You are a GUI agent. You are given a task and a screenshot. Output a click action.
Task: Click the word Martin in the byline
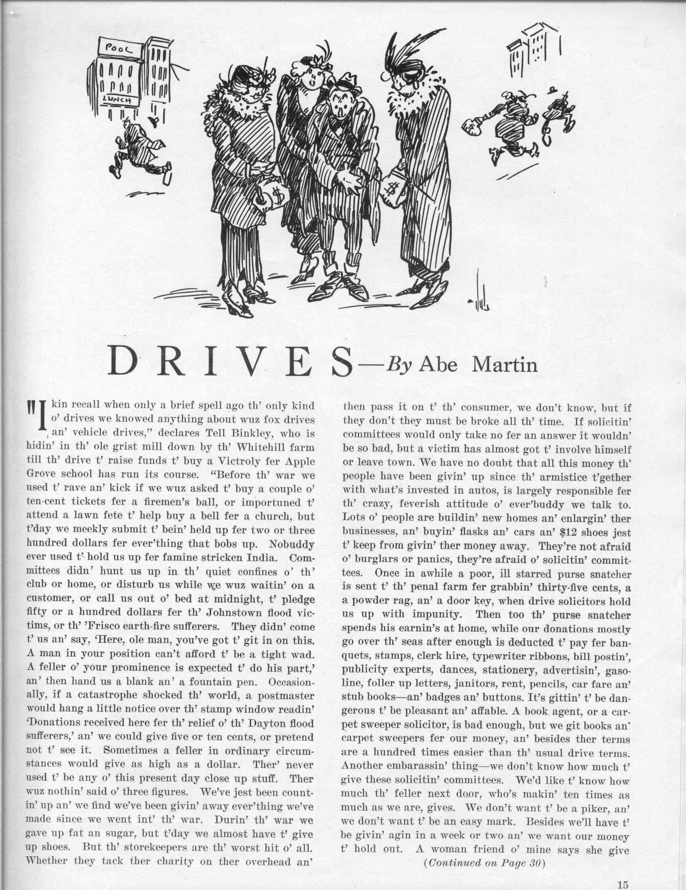(504, 365)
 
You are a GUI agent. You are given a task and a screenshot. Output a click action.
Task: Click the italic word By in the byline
(400, 365)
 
